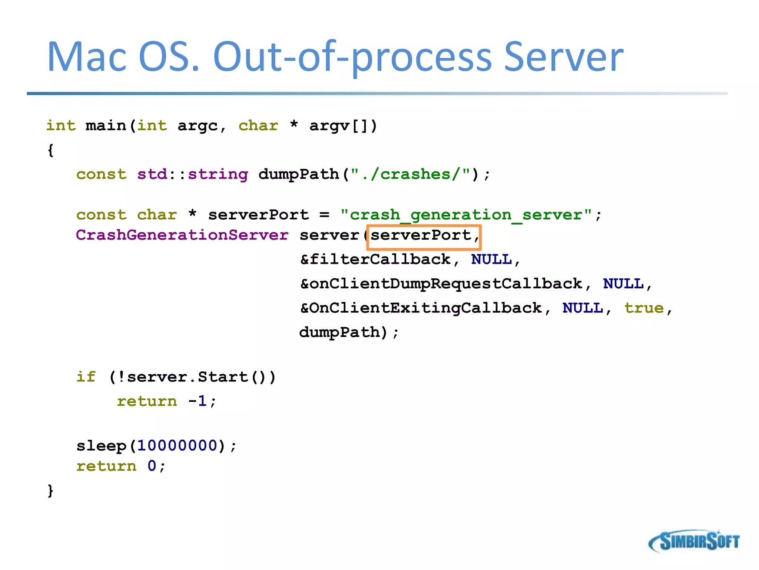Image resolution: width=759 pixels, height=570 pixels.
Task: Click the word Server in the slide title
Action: (564, 57)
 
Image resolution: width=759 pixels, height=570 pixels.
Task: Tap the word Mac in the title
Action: (87, 57)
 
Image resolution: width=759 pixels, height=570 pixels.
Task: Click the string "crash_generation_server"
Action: (466, 215)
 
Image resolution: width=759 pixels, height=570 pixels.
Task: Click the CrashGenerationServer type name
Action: (182, 235)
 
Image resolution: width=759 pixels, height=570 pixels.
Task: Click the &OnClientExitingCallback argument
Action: (421, 308)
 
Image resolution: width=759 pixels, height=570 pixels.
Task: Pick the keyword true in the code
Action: (644, 308)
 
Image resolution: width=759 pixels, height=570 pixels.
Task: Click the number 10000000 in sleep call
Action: (177, 446)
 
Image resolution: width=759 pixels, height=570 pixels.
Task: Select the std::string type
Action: (192, 174)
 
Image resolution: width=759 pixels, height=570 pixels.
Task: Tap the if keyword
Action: (86, 377)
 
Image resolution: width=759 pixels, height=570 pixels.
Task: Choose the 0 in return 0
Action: (152, 466)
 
